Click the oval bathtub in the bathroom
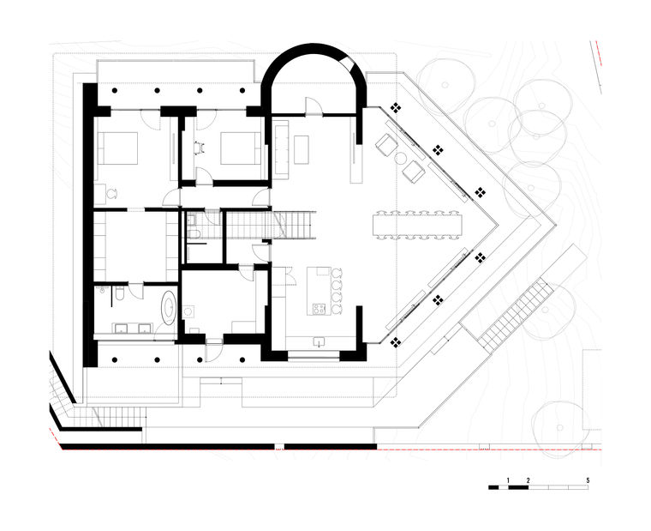coord(169,307)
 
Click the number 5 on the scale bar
coord(588,479)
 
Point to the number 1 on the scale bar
coord(508,479)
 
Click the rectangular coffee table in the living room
coord(301,148)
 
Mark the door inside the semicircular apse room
coord(313,106)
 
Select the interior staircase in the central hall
coord(271,225)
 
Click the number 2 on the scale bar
coord(529,479)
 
